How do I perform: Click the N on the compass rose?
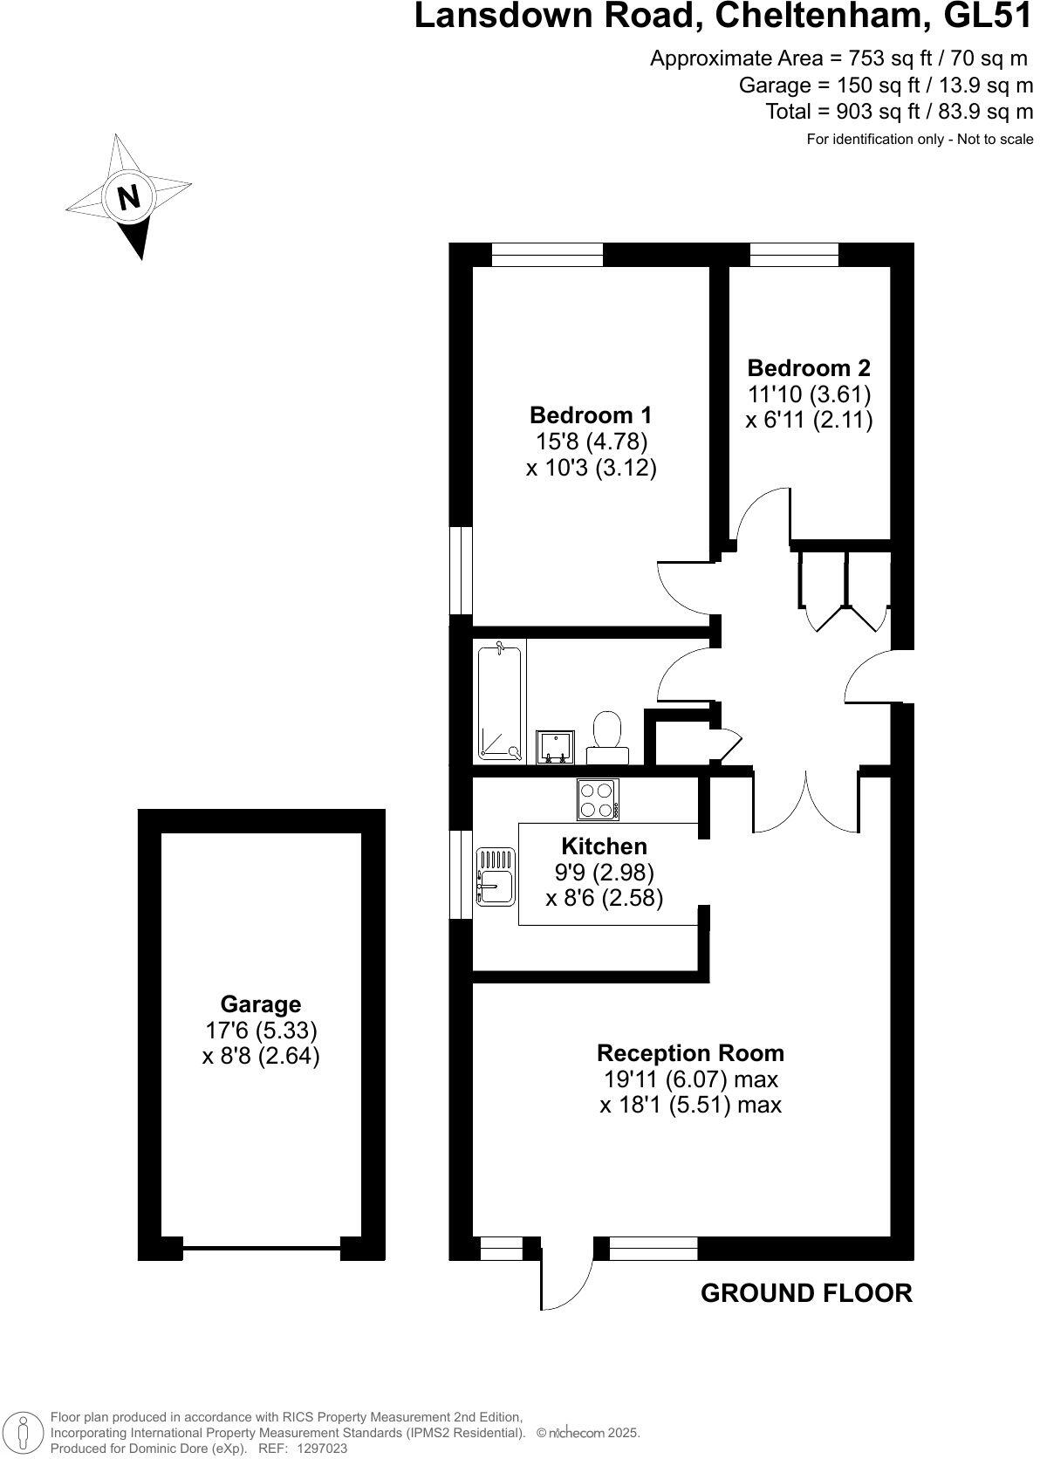coord(129,197)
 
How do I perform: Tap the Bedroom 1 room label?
coord(591,414)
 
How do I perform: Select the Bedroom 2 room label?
coord(809,367)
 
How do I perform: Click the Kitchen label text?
coord(604,846)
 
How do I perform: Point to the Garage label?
coord(260,1003)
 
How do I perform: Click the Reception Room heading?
coord(690,1052)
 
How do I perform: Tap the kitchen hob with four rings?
coord(598,798)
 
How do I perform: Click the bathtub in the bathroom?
coord(500,702)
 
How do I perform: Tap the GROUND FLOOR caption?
coord(806,1293)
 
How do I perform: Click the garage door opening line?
coord(261,1248)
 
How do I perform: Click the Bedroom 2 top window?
coord(794,254)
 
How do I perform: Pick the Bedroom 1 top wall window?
coord(547,254)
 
